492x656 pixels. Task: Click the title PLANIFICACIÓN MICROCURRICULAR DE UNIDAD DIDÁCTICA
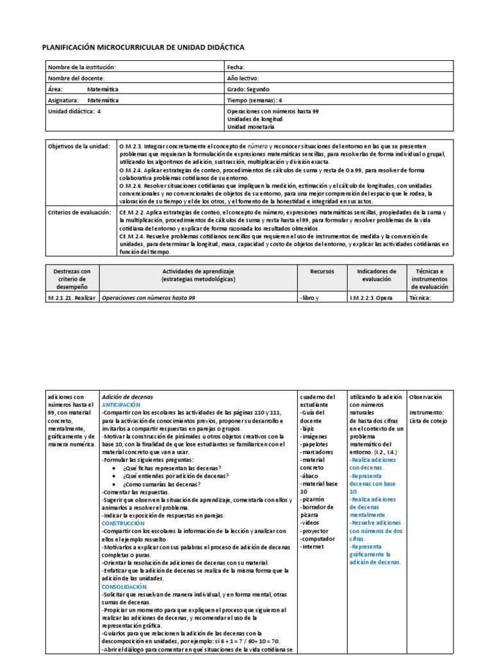pos(143,47)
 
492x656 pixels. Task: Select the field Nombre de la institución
pos(82,67)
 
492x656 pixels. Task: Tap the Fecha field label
pos(236,67)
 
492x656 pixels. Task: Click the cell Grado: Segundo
pos(249,89)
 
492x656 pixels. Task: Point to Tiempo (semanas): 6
pos(254,100)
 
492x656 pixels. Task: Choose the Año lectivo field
pos(242,78)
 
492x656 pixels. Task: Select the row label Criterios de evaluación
pos(79,212)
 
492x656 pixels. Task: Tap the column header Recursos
pos(322,272)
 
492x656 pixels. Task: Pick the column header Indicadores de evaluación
pos(377,275)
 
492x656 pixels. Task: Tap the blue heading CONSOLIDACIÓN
pos(124,586)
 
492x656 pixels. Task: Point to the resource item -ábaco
pos(311,475)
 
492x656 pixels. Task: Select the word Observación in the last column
pos(425,397)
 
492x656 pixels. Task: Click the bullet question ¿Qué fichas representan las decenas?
pos(171,468)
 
